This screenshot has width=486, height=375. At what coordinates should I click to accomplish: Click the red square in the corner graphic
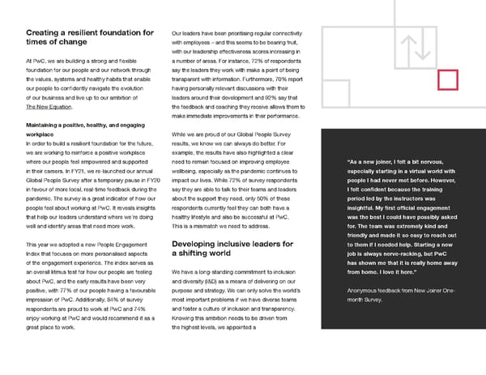[447, 79]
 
